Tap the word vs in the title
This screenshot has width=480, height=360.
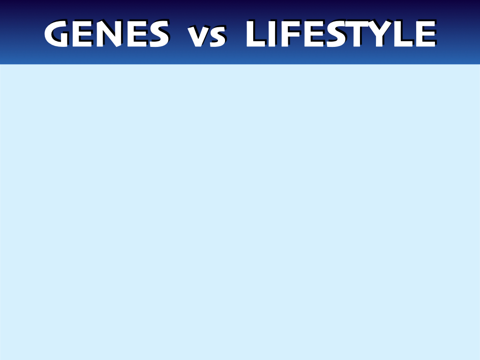(207, 37)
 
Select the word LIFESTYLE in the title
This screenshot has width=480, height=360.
(341, 34)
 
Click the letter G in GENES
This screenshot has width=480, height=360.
(56, 34)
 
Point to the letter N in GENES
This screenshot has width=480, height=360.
(109, 34)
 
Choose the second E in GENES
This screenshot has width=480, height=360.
(137, 34)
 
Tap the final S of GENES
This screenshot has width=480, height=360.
(159, 34)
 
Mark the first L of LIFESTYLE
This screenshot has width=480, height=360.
(255, 34)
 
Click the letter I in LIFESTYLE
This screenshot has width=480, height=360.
(272, 34)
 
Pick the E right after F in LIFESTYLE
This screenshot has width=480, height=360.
(314, 34)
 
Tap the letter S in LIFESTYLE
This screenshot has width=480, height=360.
(336, 34)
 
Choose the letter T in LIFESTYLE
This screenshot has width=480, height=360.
(357, 34)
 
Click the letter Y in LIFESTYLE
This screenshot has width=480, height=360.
(380, 34)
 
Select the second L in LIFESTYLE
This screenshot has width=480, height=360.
(404, 34)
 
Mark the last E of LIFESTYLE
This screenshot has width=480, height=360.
(426, 34)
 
